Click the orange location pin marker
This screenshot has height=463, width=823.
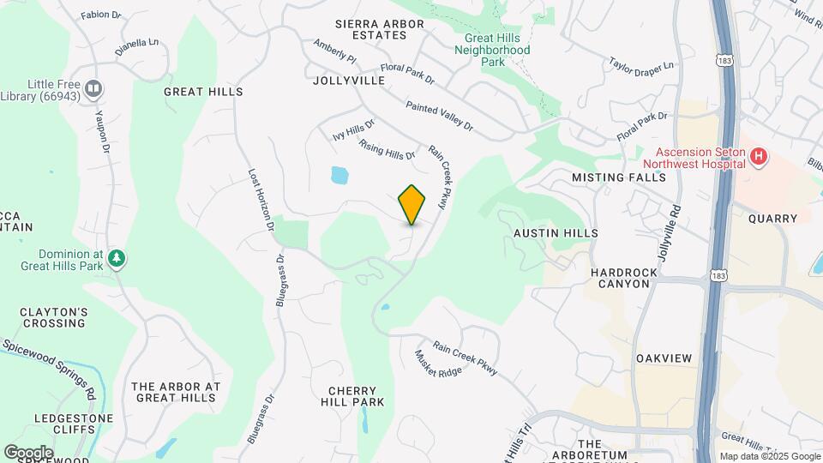412,204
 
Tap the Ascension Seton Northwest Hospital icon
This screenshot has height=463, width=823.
758,157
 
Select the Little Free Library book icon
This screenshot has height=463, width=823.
94,87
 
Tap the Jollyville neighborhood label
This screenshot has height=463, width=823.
349,81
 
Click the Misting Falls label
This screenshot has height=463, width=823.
619,177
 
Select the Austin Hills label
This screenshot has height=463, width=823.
556,232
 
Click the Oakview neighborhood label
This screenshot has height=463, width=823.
664,357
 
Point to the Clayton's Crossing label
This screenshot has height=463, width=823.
53,317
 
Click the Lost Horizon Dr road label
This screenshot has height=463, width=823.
261,200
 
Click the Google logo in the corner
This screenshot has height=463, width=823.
28,452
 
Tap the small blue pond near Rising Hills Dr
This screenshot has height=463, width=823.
339,176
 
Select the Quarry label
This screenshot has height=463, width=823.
772,219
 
